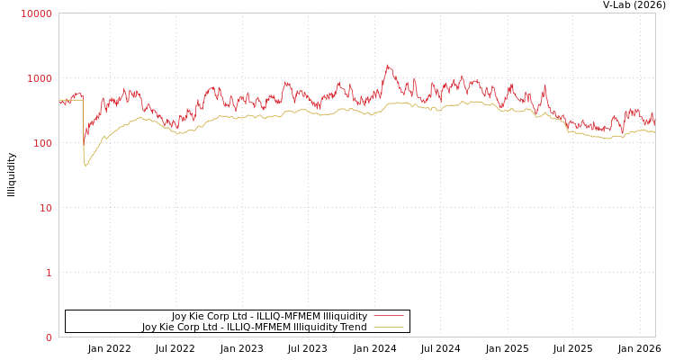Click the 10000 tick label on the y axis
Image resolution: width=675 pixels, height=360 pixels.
(37, 13)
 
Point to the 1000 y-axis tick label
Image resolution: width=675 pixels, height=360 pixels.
(40, 78)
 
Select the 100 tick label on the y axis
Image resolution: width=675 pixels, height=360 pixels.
(42, 143)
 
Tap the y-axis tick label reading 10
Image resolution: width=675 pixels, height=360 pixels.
(45, 208)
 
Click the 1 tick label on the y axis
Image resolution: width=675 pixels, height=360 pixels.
(49, 273)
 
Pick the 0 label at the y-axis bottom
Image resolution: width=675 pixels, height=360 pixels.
(49, 337)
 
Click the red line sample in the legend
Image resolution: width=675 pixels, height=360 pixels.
(389, 316)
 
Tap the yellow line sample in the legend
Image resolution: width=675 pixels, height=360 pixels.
(389, 328)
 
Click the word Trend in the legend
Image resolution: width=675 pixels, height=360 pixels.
(353, 328)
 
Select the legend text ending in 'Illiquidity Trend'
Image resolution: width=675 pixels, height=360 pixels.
(255, 328)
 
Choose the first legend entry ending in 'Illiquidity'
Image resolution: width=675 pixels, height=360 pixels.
(269, 316)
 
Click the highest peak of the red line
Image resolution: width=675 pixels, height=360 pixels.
(388, 65)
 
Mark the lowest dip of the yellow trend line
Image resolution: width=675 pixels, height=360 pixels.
(85, 166)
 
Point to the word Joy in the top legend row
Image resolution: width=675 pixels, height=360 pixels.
(180, 316)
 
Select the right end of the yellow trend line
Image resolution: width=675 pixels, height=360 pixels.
(654, 132)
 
